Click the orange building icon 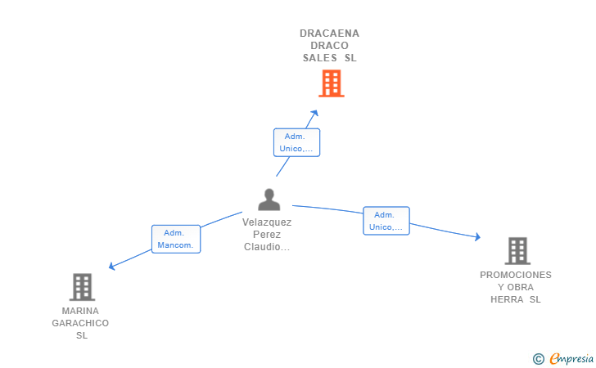click(332, 83)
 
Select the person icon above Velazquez click(269, 200)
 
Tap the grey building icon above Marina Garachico click(82, 287)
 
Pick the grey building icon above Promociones click(517, 251)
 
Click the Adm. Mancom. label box click(176, 239)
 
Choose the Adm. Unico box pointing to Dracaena click(296, 142)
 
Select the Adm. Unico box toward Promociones click(386, 221)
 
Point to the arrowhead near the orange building click(314, 113)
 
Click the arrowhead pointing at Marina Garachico click(111, 267)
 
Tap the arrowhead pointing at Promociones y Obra click(478, 237)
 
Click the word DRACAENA click(330, 34)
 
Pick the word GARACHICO click(80, 323)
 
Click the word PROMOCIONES click(516, 275)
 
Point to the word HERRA click(507, 299)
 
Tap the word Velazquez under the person click(267, 222)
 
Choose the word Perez click(267, 235)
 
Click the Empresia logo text click(571, 358)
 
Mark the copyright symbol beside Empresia click(539, 359)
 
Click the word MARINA click(80, 311)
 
